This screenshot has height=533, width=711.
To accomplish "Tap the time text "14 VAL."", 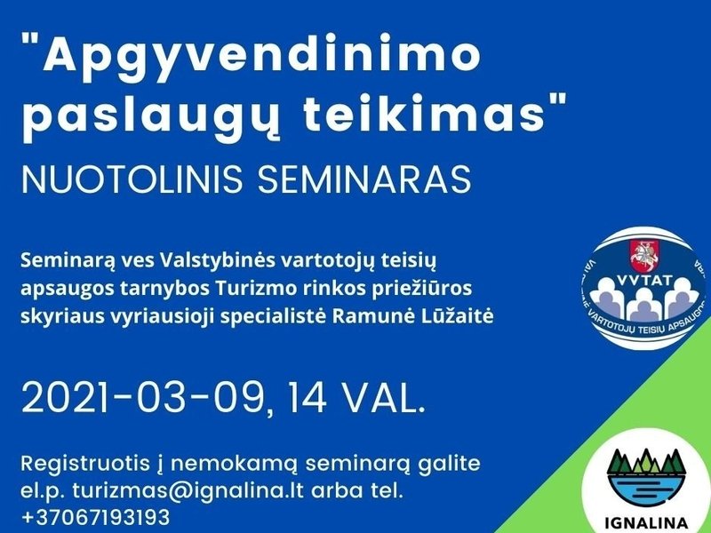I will click(356, 398).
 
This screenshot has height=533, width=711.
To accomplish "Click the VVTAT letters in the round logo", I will click(641, 288).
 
